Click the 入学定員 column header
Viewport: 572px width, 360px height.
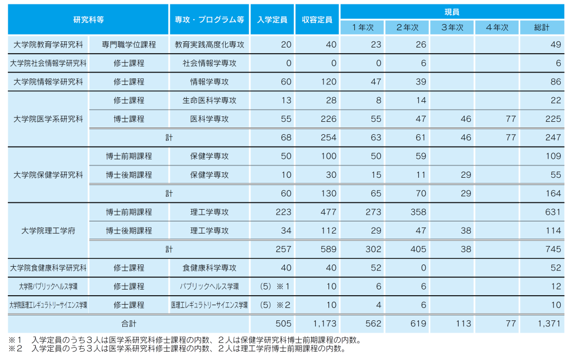click(272, 19)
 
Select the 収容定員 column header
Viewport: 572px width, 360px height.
click(317, 19)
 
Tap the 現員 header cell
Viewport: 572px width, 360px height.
click(452, 12)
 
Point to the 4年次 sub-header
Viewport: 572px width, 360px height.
click(497, 27)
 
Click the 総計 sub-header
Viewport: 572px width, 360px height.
click(542, 27)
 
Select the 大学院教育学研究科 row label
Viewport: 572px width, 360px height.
click(48, 44)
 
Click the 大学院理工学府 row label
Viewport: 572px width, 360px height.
click(48, 230)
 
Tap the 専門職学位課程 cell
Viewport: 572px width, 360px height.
click(129, 44)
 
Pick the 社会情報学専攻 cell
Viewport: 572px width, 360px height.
click(209, 63)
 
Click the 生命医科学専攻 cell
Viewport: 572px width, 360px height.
click(209, 101)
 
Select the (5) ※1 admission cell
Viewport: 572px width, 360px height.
click(272, 286)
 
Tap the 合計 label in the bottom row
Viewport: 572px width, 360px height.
click(129, 323)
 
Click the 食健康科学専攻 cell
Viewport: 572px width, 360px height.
click(209, 268)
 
